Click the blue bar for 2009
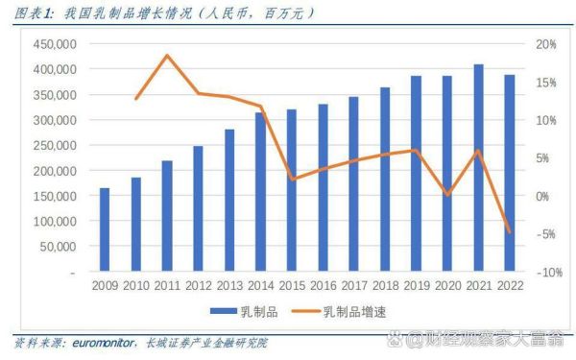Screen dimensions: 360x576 (x=105, y=230)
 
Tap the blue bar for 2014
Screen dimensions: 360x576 (x=260, y=193)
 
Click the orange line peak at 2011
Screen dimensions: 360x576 (x=167, y=56)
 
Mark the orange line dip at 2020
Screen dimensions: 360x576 (x=446, y=195)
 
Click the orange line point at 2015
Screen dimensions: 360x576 (x=292, y=179)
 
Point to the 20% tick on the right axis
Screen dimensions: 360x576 (x=545, y=45)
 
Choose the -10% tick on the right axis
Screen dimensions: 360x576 (x=545, y=273)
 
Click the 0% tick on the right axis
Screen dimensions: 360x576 (x=542, y=197)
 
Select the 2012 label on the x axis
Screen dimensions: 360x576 (x=198, y=285)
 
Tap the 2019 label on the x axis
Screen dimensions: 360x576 (x=416, y=285)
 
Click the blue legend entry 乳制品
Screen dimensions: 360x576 (x=236, y=311)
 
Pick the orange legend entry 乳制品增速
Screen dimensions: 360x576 (x=335, y=311)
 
